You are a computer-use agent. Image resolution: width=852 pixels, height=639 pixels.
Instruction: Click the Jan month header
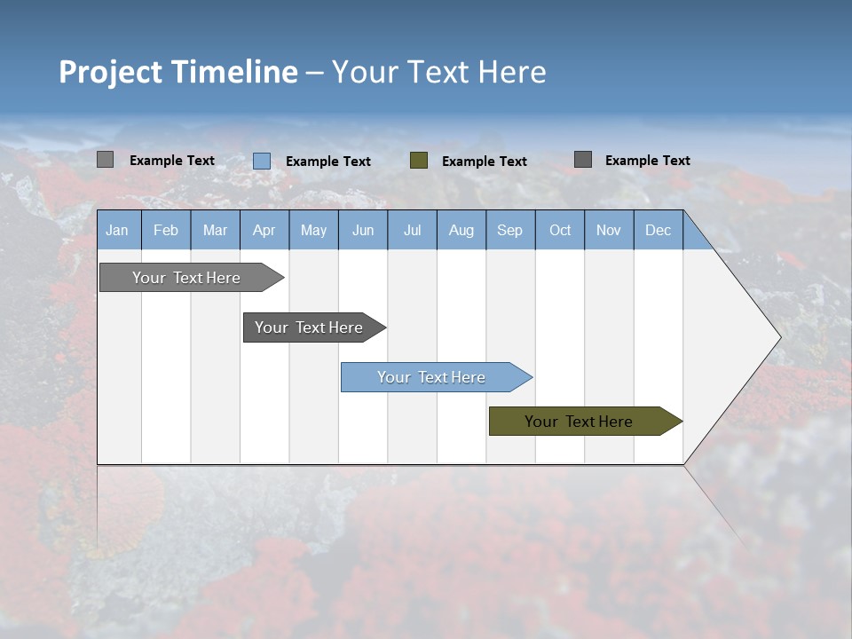pyautogui.click(x=118, y=230)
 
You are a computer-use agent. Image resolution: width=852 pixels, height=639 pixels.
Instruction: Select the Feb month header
pyautogui.click(x=166, y=230)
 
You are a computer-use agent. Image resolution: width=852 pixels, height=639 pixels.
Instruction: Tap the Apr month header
pyautogui.click(x=264, y=230)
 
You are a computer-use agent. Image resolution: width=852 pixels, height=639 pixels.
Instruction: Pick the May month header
pyautogui.click(x=313, y=230)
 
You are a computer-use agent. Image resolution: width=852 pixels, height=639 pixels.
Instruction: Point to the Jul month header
pyautogui.click(x=412, y=230)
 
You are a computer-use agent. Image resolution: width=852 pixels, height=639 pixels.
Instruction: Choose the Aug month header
pyautogui.click(x=461, y=230)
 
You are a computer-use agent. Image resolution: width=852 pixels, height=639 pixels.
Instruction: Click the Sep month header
pyautogui.click(x=510, y=230)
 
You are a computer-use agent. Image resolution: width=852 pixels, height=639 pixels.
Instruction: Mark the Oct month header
pyautogui.click(x=560, y=230)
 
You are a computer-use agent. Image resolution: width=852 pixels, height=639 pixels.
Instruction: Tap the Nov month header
pyautogui.click(x=609, y=230)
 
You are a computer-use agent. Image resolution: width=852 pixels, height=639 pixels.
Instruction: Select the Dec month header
pyautogui.click(x=658, y=230)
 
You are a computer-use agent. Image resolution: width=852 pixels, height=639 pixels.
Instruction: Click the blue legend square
pyautogui.click(x=262, y=161)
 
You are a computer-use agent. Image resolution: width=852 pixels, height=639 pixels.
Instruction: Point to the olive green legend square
pyautogui.click(x=419, y=160)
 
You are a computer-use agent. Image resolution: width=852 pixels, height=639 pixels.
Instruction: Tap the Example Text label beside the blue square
pyautogui.click(x=328, y=162)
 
